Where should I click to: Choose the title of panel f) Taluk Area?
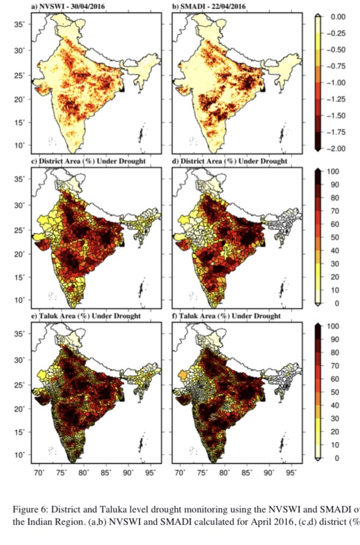pos(226,316)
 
